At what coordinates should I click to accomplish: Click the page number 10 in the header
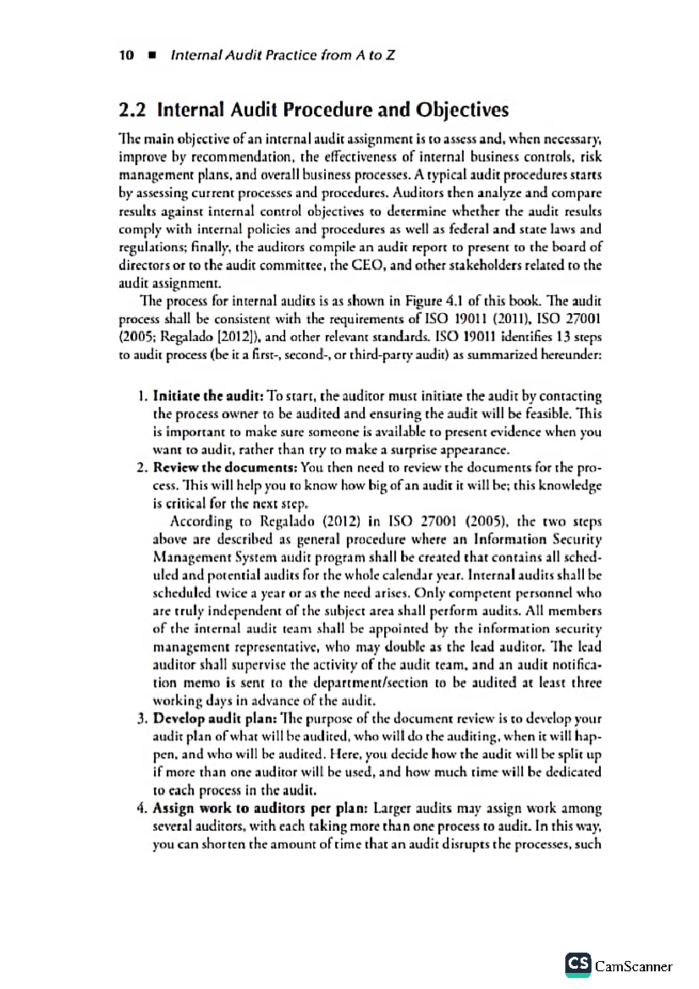126,55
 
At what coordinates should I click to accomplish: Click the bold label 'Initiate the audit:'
207,397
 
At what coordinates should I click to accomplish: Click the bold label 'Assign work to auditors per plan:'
260,808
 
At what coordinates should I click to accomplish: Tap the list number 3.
142,719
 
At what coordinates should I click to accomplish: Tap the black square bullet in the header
153,56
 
